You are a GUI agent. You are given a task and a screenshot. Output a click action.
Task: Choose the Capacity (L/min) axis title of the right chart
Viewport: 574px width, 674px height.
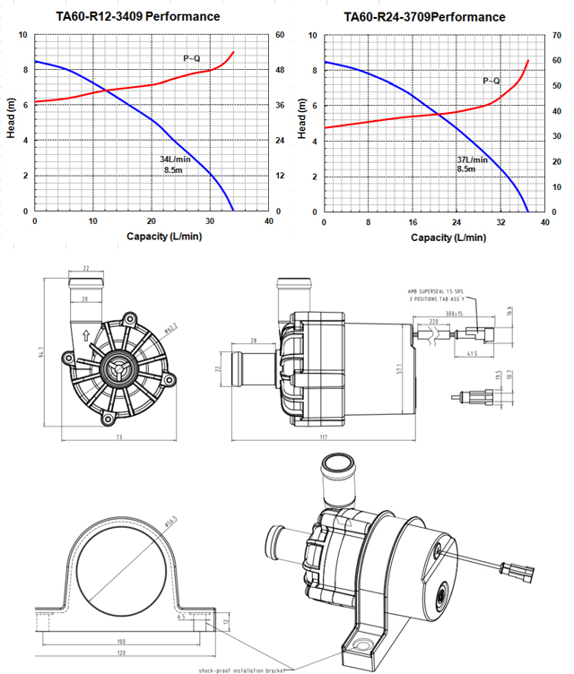tap(448, 238)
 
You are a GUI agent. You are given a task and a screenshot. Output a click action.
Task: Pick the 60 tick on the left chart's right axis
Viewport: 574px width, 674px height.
tap(280, 35)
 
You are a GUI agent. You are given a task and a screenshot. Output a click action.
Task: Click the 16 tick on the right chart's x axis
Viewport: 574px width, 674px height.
tap(412, 220)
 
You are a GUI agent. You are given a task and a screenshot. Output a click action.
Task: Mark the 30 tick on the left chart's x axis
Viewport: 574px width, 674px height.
tap(210, 220)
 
